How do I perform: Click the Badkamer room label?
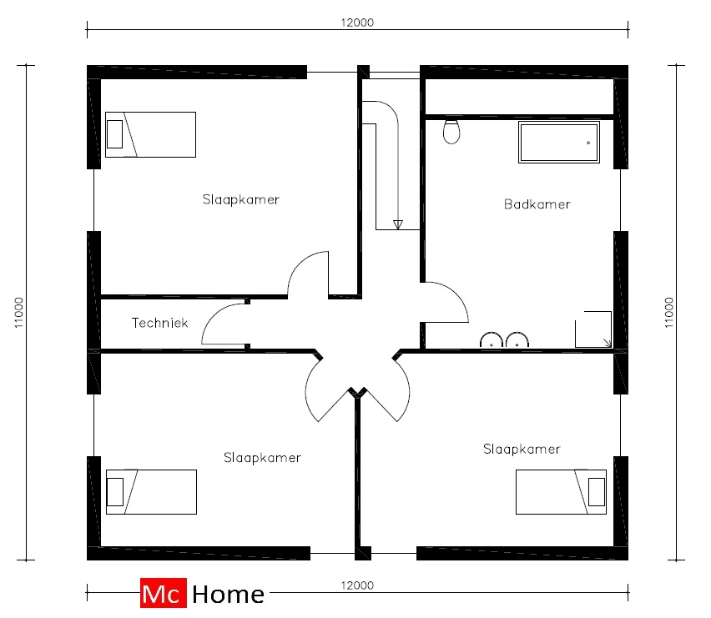(537, 204)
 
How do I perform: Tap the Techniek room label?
(159, 323)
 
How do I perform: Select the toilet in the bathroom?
(451, 132)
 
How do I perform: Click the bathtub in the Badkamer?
(559, 143)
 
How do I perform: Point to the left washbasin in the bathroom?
(492, 339)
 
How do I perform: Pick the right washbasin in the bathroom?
(517, 339)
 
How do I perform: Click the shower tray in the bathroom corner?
(593, 329)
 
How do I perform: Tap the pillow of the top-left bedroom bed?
(114, 134)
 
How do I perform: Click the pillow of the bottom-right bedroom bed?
(597, 492)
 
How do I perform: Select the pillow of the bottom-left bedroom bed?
(115, 492)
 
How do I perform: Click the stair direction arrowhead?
(398, 224)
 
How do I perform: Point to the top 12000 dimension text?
(357, 23)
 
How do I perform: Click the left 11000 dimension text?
(18, 313)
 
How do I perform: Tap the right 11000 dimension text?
(669, 313)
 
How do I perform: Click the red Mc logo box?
(164, 593)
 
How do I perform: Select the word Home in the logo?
(228, 595)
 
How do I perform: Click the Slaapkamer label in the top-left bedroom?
(241, 199)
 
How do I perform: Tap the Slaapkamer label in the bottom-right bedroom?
(522, 449)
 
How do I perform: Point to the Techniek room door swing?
(213, 317)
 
